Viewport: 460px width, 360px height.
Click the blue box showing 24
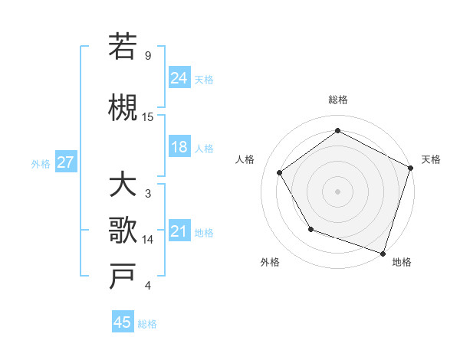click(x=179, y=78)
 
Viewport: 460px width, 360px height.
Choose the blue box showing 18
click(x=179, y=148)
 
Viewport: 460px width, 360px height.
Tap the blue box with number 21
click(x=179, y=232)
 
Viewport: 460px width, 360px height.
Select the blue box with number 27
click(x=65, y=162)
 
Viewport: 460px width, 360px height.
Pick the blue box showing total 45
click(x=123, y=322)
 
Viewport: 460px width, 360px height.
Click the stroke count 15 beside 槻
click(x=148, y=116)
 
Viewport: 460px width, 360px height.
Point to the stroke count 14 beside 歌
click(x=148, y=240)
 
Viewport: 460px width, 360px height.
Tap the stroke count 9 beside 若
click(x=148, y=55)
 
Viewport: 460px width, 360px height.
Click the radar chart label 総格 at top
click(x=337, y=100)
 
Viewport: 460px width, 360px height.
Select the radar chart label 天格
click(x=432, y=159)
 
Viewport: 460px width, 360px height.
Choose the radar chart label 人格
click(x=245, y=159)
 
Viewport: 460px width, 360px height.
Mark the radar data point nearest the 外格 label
click(x=310, y=229)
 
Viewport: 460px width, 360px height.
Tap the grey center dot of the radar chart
click(x=337, y=191)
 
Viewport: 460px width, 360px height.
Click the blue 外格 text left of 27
click(x=41, y=163)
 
